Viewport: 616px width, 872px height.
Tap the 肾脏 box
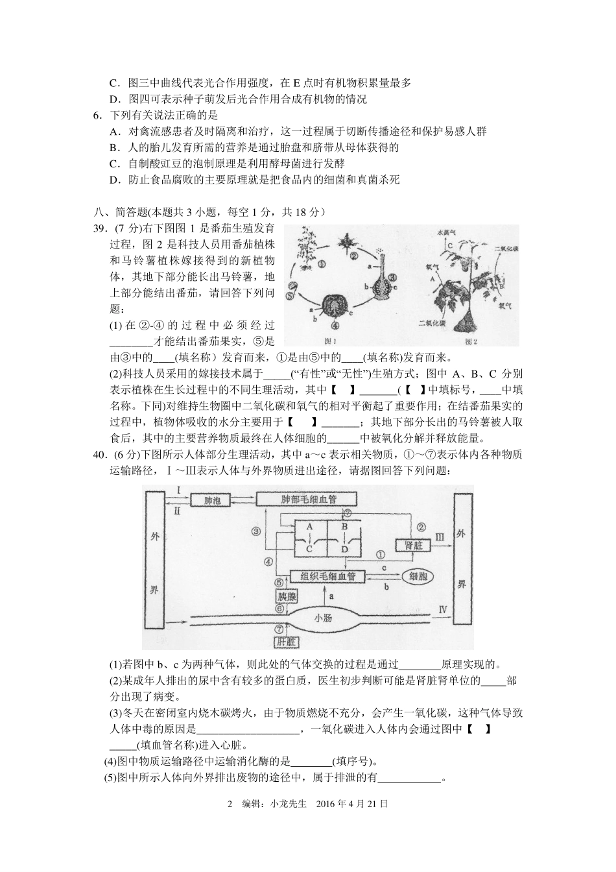click(x=413, y=545)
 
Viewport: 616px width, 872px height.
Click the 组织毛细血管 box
click(x=327, y=576)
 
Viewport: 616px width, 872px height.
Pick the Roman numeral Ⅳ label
click(x=444, y=609)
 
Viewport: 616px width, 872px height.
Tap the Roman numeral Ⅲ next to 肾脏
click(x=439, y=537)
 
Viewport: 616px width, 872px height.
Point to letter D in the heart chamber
click(x=344, y=549)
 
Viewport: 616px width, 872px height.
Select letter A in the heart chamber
click(x=309, y=526)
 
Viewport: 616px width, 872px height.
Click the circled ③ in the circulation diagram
click(x=256, y=531)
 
